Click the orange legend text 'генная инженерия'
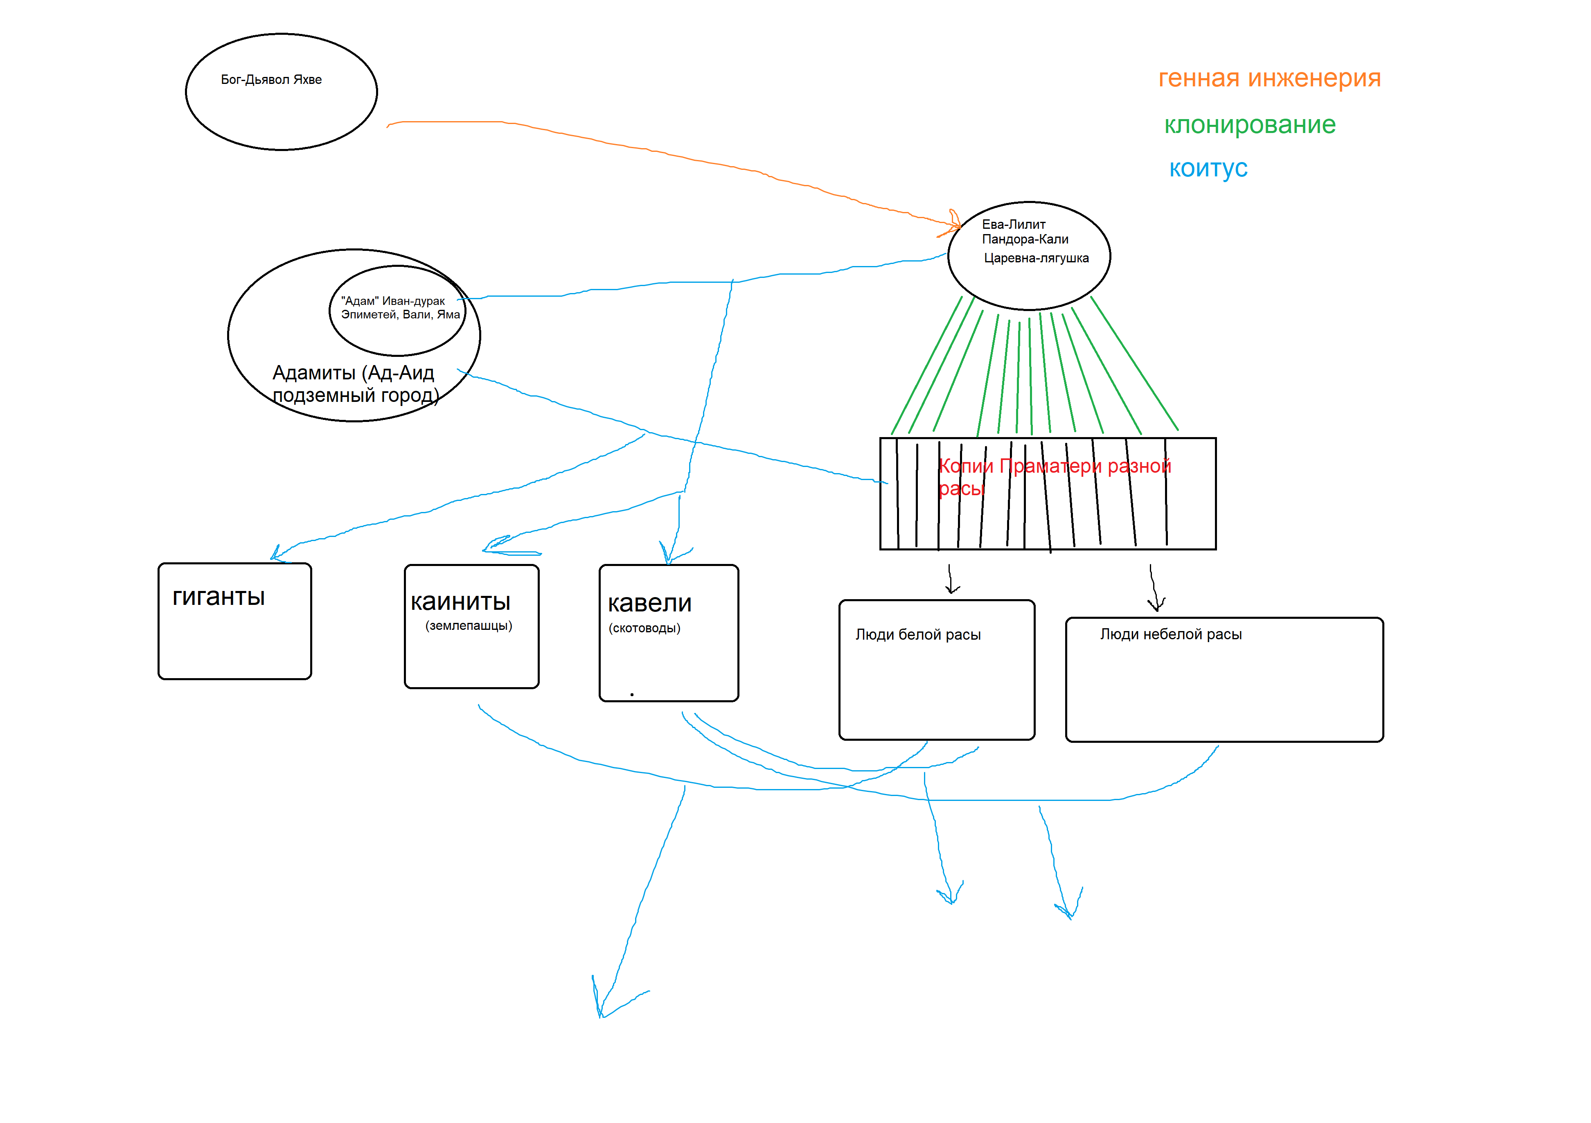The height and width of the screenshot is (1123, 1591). (1269, 78)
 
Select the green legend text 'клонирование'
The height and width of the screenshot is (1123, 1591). (1249, 125)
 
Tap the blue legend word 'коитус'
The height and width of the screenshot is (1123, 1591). (1208, 169)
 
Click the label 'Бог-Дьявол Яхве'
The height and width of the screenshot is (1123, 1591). (271, 80)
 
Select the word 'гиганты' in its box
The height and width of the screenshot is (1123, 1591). (218, 597)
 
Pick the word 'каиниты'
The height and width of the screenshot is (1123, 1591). (460, 602)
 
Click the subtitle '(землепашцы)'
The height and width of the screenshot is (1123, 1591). (469, 626)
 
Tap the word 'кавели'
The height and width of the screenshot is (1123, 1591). (649, 604)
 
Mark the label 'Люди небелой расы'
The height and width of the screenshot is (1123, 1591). (1170, 634)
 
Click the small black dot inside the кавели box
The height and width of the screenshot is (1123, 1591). (632, 695)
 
